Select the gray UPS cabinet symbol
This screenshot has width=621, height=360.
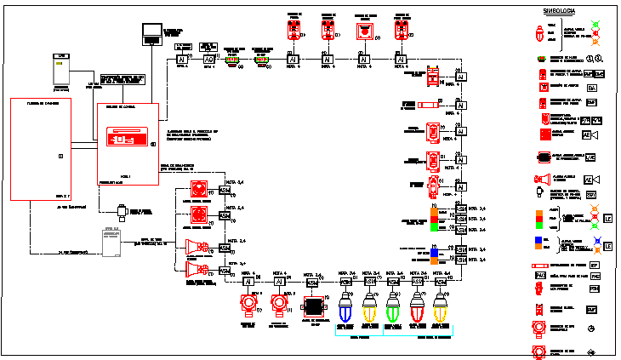click(60, 71)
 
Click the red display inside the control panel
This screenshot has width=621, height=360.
click(124, 136)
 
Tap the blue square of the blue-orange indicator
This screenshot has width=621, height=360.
click(433, 253)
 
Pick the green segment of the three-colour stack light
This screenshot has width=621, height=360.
click(434, 226)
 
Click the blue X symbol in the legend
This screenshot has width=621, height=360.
click(607, 245)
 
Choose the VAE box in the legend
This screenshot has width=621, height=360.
click(590, 157)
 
